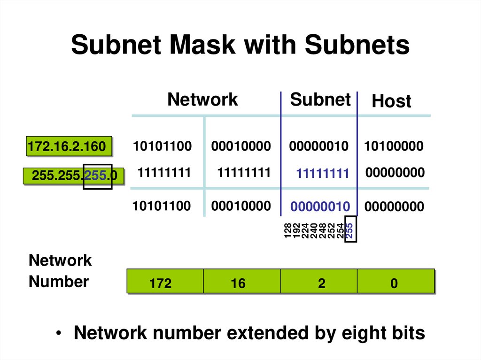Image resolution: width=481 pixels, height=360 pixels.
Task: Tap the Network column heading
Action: tap(202, 100)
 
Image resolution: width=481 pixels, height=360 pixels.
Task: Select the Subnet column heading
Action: tap(320, 100)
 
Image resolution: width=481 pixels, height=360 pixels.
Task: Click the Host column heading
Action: tap(391, 101)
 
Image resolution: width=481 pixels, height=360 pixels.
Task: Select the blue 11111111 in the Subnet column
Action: tap(323, 174)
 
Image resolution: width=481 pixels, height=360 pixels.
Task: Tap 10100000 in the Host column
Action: tap(394, 146)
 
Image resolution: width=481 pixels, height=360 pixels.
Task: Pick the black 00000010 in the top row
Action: tap(319, 146)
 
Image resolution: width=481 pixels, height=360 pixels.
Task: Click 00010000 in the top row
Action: tap(241, 146)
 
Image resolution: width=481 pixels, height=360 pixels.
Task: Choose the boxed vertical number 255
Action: tap(349, 230)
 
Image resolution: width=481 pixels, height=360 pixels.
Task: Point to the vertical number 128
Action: tap(287, 231)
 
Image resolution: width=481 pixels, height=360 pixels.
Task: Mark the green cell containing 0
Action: tap(394, 283)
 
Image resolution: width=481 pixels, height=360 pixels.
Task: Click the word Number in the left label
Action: tap(58, 282)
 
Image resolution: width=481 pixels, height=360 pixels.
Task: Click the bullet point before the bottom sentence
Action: tap(58, 334)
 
